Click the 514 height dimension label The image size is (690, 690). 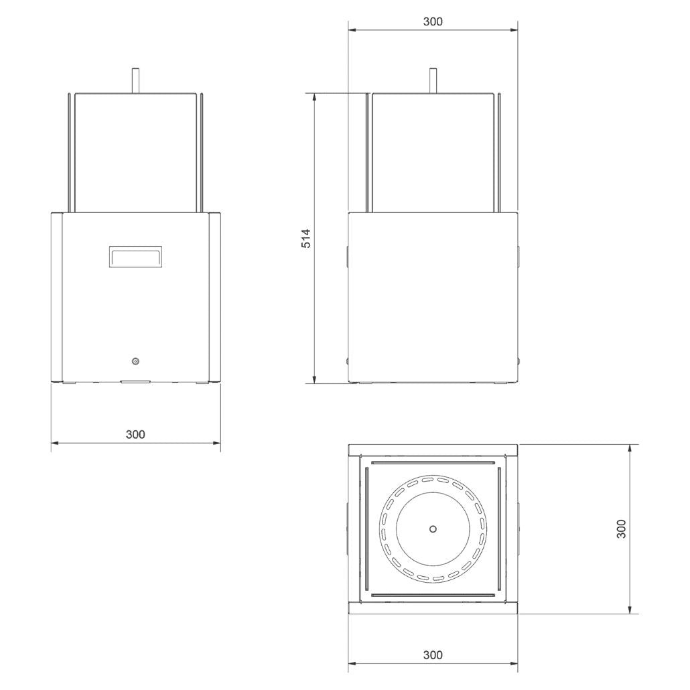306,238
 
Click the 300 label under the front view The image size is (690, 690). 135,434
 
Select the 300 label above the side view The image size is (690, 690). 433,21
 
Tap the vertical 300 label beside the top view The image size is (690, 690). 621,529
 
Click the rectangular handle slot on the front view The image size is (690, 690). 135,257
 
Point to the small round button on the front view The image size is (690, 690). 135,361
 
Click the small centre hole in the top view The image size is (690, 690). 433,529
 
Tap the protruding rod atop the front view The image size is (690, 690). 136,80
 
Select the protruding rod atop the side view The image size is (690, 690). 433,80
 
